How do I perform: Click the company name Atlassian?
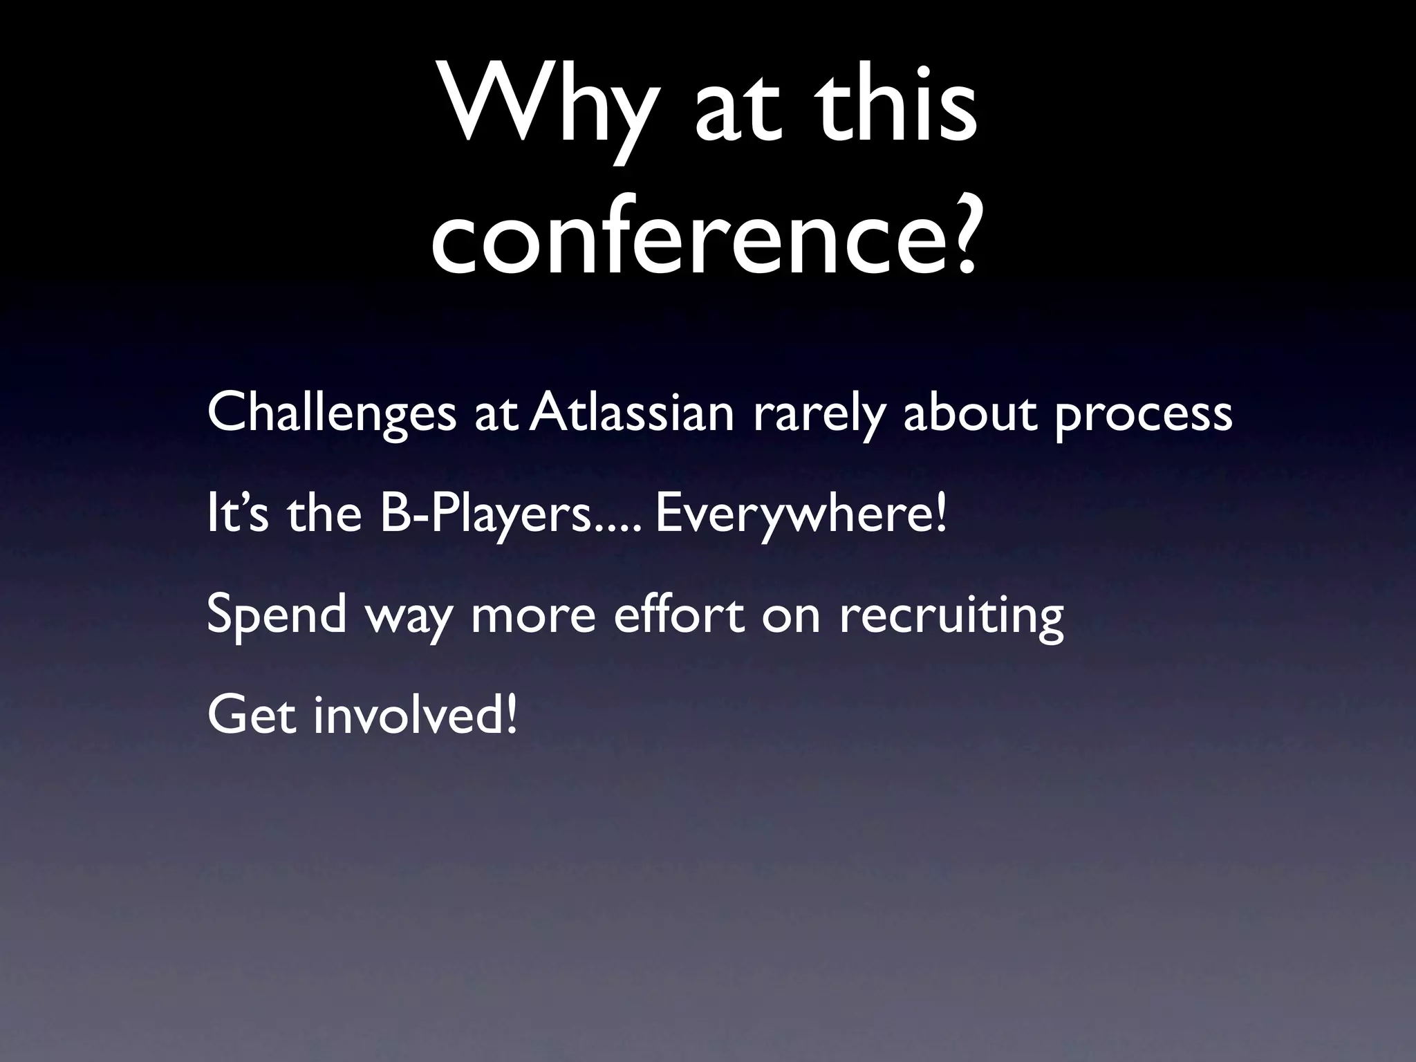633,413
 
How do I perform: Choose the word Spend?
277,615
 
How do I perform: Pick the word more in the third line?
533,615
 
